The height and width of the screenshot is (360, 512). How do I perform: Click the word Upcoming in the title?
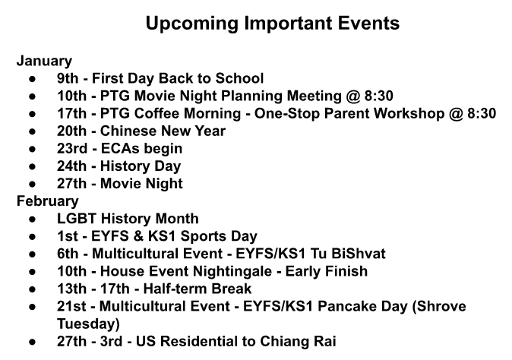(x=192, y=24)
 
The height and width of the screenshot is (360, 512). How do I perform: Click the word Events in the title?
(x=368, y=24)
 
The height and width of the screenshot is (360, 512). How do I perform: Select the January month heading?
(x=44, y=62)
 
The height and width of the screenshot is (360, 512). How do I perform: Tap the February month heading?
(x=48, y=201)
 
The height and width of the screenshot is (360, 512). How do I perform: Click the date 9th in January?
(x=68, y=78)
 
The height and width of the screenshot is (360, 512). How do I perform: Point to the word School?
(x=239, y=78)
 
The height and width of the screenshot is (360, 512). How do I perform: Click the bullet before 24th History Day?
(x=32, y=167)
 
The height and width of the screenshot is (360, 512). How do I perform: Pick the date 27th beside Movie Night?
(x=71, y=184)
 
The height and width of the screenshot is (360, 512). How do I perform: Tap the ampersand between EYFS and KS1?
(x=138, y=236)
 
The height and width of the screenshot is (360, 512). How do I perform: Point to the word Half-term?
(x=170, y=289)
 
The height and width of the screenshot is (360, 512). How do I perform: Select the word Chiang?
(x=284, y=342)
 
